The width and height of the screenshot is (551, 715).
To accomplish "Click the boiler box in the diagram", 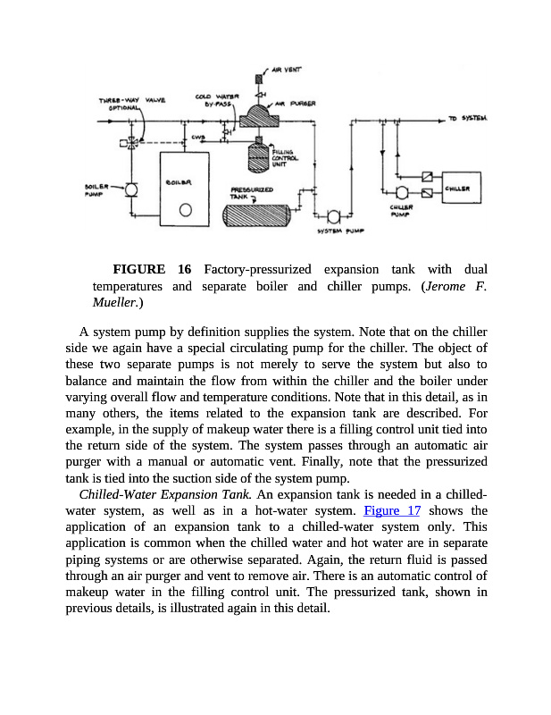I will [184, 189].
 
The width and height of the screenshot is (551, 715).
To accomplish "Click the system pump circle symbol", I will [333, 216].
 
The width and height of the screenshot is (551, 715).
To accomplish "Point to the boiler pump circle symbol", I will [131, 189].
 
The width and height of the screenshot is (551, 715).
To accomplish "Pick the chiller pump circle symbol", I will [401, 193].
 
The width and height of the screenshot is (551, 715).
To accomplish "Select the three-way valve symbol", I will [131, 141].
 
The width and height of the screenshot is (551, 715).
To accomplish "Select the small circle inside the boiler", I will [185, 211].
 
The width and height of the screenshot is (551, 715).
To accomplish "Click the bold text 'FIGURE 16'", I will [152, 269].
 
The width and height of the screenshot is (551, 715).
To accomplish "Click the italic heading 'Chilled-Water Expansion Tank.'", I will [165, 494].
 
